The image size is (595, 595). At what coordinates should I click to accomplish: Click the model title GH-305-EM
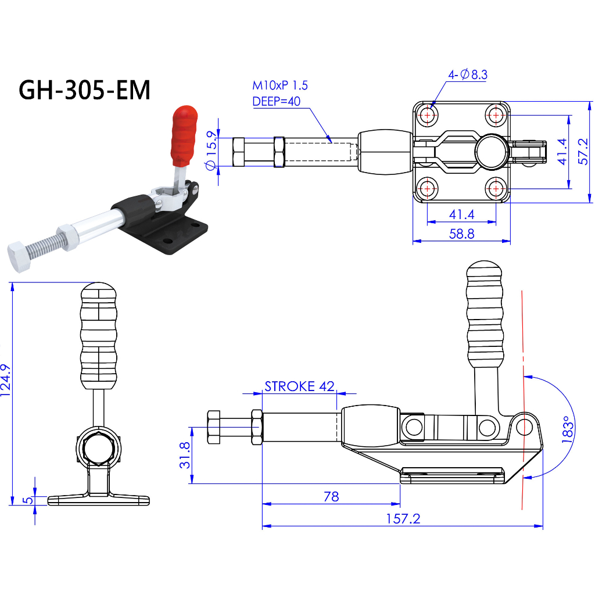click(85, 90)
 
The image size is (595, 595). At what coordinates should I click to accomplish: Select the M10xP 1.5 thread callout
click(280, 85)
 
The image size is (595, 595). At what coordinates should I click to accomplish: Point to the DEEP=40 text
click(276, 102)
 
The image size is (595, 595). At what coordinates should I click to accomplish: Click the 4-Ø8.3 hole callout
click(467, 74)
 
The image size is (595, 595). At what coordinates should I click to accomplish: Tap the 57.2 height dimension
click(585, 152)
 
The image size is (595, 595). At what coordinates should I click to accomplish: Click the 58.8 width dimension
click(461, 234)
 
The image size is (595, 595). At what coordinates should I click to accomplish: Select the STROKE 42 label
click(300, 386)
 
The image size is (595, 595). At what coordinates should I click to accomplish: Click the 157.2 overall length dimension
click(403, 519)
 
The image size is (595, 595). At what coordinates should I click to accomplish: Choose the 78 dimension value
click(331, 496)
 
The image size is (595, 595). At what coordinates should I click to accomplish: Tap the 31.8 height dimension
click(185, 455)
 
